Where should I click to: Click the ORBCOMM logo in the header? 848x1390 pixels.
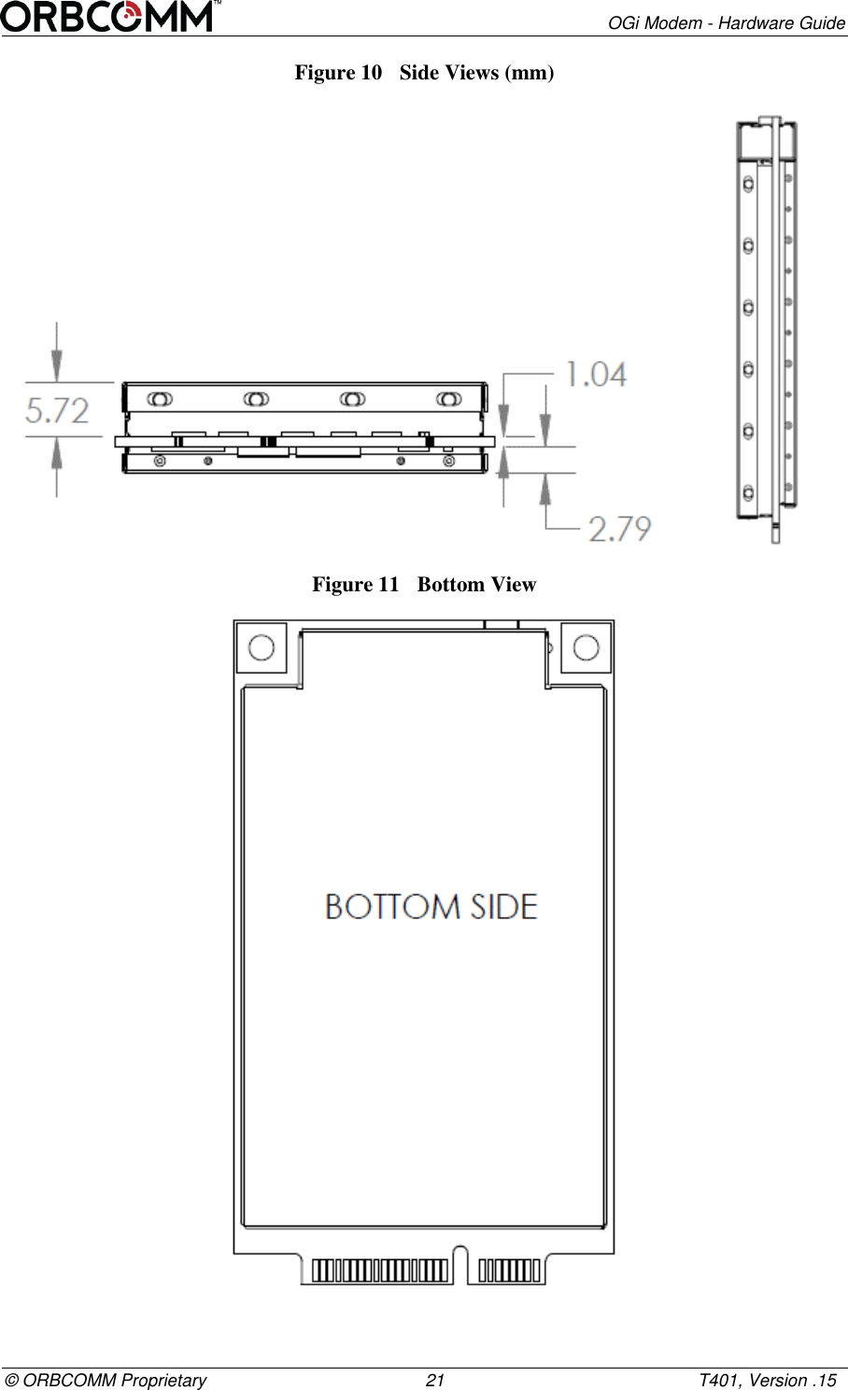point(110,17)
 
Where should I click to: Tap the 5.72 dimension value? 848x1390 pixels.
point(58,411)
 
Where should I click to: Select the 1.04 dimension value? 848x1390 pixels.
point(596,375)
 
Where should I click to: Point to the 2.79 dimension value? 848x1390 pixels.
point(619,529)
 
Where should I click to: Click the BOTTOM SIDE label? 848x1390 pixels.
point(431,907)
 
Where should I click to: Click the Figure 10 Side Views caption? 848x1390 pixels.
point(424,73)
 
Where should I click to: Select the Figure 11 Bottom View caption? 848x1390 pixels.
point(424,585)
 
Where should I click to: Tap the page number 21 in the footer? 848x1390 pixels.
point(434,1380)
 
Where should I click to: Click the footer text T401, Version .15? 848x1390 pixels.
point(768,1380)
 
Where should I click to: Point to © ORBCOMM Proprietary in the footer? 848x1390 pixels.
point(106,1380)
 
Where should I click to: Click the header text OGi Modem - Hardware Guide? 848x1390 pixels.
point(726,22)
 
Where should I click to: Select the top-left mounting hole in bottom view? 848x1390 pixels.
point(261,647)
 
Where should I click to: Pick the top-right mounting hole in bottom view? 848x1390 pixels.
point(586,647)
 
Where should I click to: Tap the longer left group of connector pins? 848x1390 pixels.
point(379,1270)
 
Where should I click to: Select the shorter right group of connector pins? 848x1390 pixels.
point(509,1270)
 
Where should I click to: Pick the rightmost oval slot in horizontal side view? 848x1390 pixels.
point(449,399)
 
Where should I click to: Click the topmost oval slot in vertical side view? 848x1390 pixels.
point(748,185)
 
